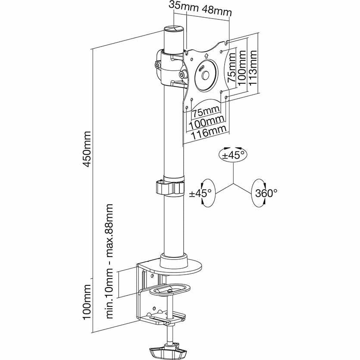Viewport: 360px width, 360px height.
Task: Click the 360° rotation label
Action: (x=266, y=193)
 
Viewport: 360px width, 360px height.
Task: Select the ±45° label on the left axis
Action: (x=200, y=193)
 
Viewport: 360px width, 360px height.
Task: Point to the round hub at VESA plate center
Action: (x=205, y=75)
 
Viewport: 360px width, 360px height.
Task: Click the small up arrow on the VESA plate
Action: (x=206, y=56)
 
